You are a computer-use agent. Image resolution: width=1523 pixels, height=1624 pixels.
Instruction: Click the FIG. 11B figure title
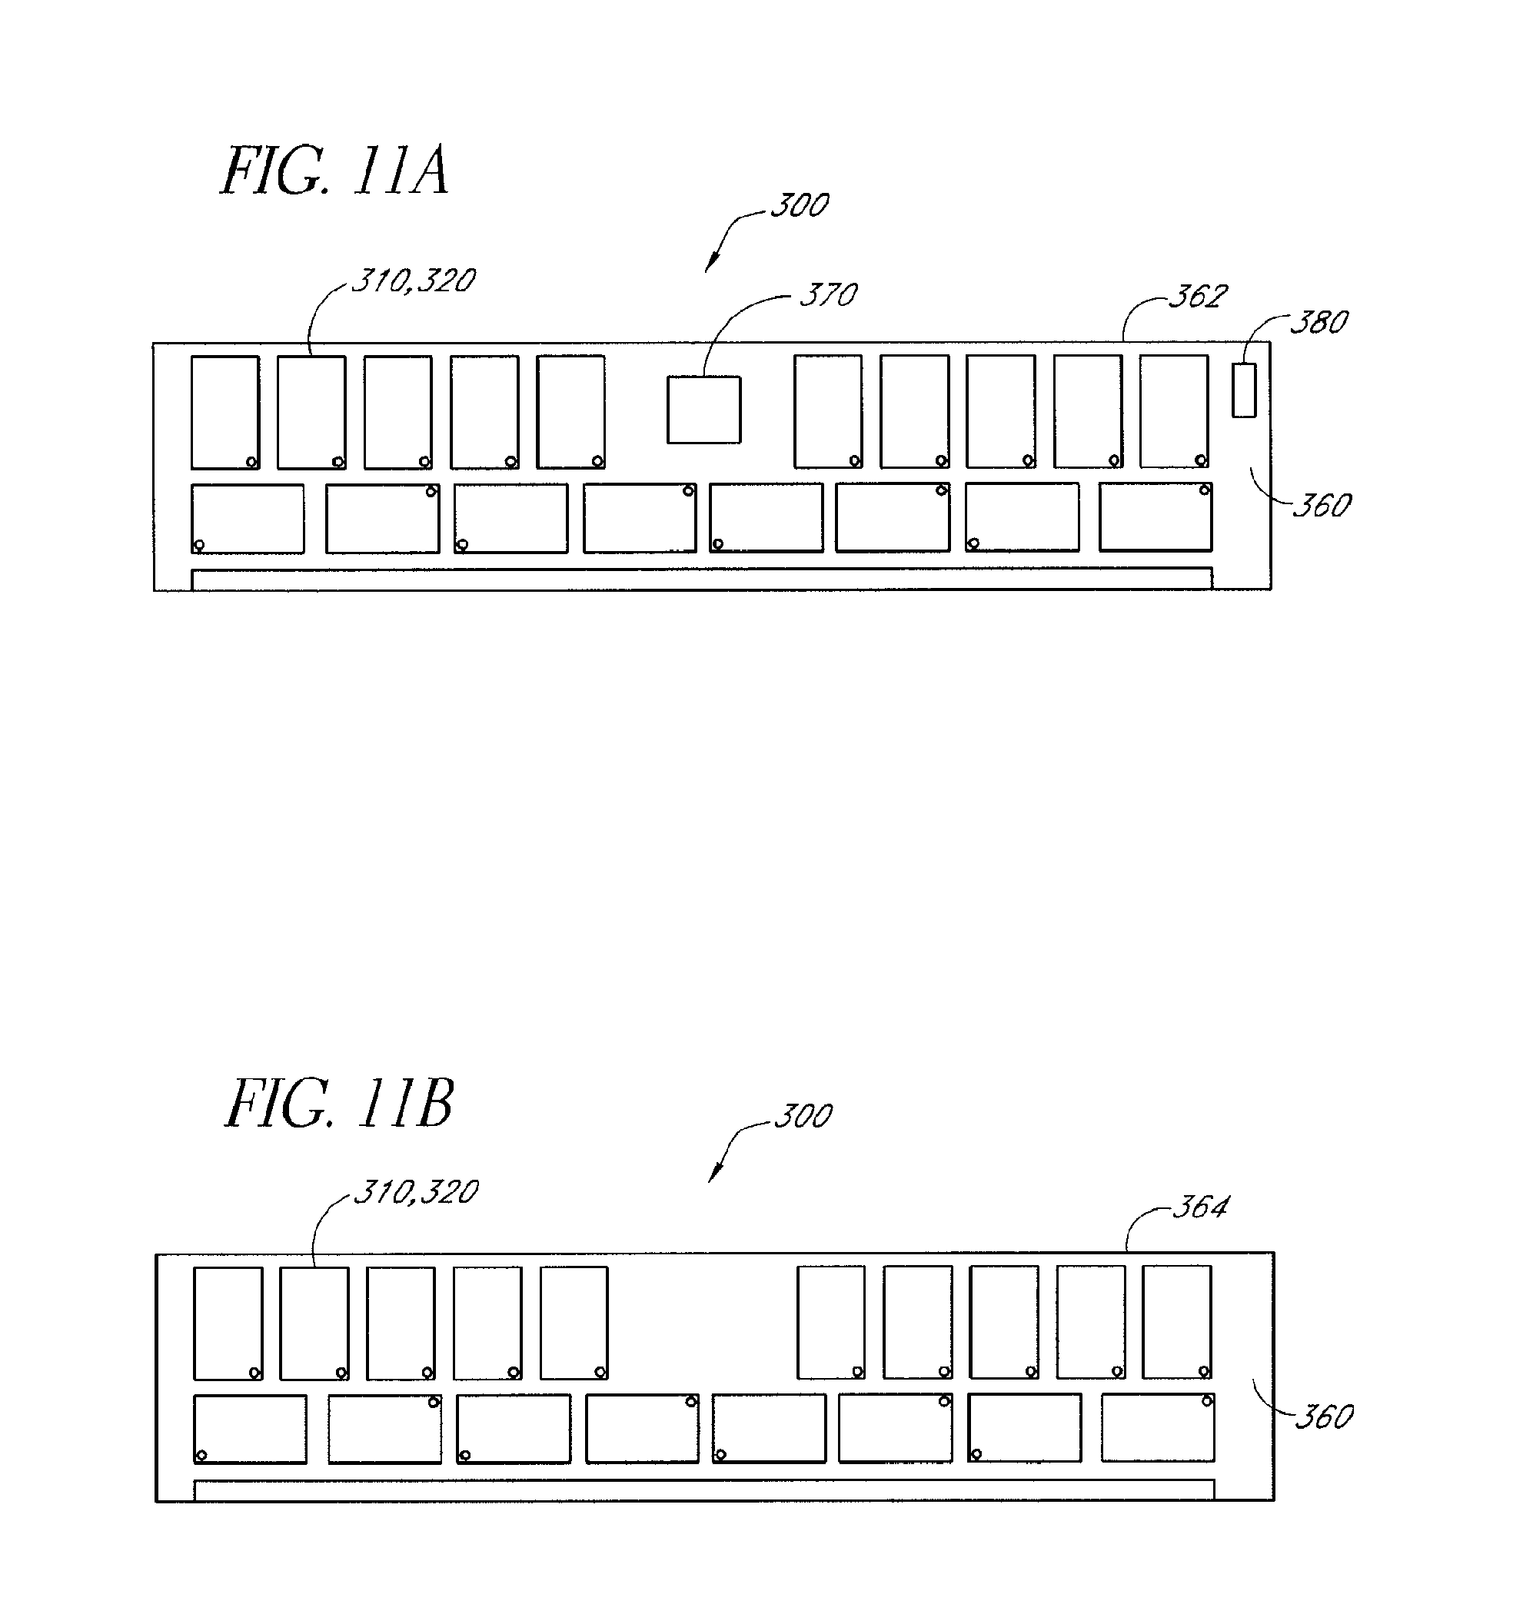[338, 1104]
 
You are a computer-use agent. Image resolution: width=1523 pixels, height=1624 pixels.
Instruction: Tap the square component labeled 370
[703, 410]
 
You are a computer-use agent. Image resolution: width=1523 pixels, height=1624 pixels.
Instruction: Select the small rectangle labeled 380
[1244, 390]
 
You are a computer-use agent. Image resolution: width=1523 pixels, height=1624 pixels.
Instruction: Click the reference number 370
[829, 295]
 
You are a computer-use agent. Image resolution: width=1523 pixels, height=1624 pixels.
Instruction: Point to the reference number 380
[1318, 323]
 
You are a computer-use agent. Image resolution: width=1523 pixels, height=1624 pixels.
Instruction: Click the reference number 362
[1198, 297]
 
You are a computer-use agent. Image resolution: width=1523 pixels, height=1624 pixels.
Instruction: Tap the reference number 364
[1200, 1207]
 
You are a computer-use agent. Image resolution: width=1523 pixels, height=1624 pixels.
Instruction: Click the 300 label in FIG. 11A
[800, 205]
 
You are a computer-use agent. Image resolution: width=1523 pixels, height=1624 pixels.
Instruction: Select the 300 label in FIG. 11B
[803, 1116]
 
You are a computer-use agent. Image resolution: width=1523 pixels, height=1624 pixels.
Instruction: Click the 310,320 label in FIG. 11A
[414, 281]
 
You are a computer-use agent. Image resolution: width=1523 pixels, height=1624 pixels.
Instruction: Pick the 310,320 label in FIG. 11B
[416, 1193]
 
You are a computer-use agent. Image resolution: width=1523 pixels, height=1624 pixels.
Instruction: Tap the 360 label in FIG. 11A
[1321, 506]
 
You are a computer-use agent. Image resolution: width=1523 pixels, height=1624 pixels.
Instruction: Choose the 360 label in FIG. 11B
[1324, 1417]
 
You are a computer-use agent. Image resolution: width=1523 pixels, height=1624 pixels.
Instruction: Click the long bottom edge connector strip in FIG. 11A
[702, 579]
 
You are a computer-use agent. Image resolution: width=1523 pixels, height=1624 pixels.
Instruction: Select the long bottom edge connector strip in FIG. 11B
[704, 1490]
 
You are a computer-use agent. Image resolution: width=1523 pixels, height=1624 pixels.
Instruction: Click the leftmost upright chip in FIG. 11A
[224, 413]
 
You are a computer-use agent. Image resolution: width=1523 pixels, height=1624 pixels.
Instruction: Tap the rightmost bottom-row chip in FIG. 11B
[1158, 1428]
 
